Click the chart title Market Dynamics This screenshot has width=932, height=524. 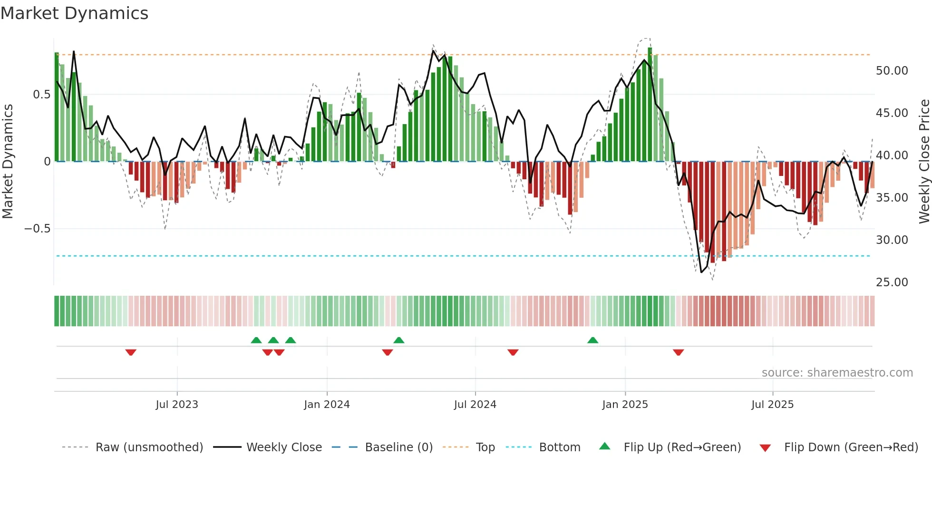click(x=75, y=13)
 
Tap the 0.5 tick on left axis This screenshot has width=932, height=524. click(x=41, y=95)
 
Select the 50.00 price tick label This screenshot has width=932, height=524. click(x=892, y=71)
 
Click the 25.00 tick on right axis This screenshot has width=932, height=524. click(x=892, y=282)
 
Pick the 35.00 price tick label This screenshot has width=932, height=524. click(x=892, y=198)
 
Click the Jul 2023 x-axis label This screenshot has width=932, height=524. click(x=177, y=405)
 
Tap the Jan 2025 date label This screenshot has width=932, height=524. click(x=625, y=405)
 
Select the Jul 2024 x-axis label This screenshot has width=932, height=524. click(x=475, y=405)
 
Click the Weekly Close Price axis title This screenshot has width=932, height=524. click(x=924, y=162)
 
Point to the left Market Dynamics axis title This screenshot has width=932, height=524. click(x=8, y=162)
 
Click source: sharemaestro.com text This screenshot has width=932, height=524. click(x=837, y=373)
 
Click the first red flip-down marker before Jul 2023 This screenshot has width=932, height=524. click(x=131, y=352)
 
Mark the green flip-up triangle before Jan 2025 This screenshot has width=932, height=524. click(x=592, y=340)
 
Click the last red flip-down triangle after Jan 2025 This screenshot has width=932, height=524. click(x=679, y=352)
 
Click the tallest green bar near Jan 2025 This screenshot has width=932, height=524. click(x=650, y=105)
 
